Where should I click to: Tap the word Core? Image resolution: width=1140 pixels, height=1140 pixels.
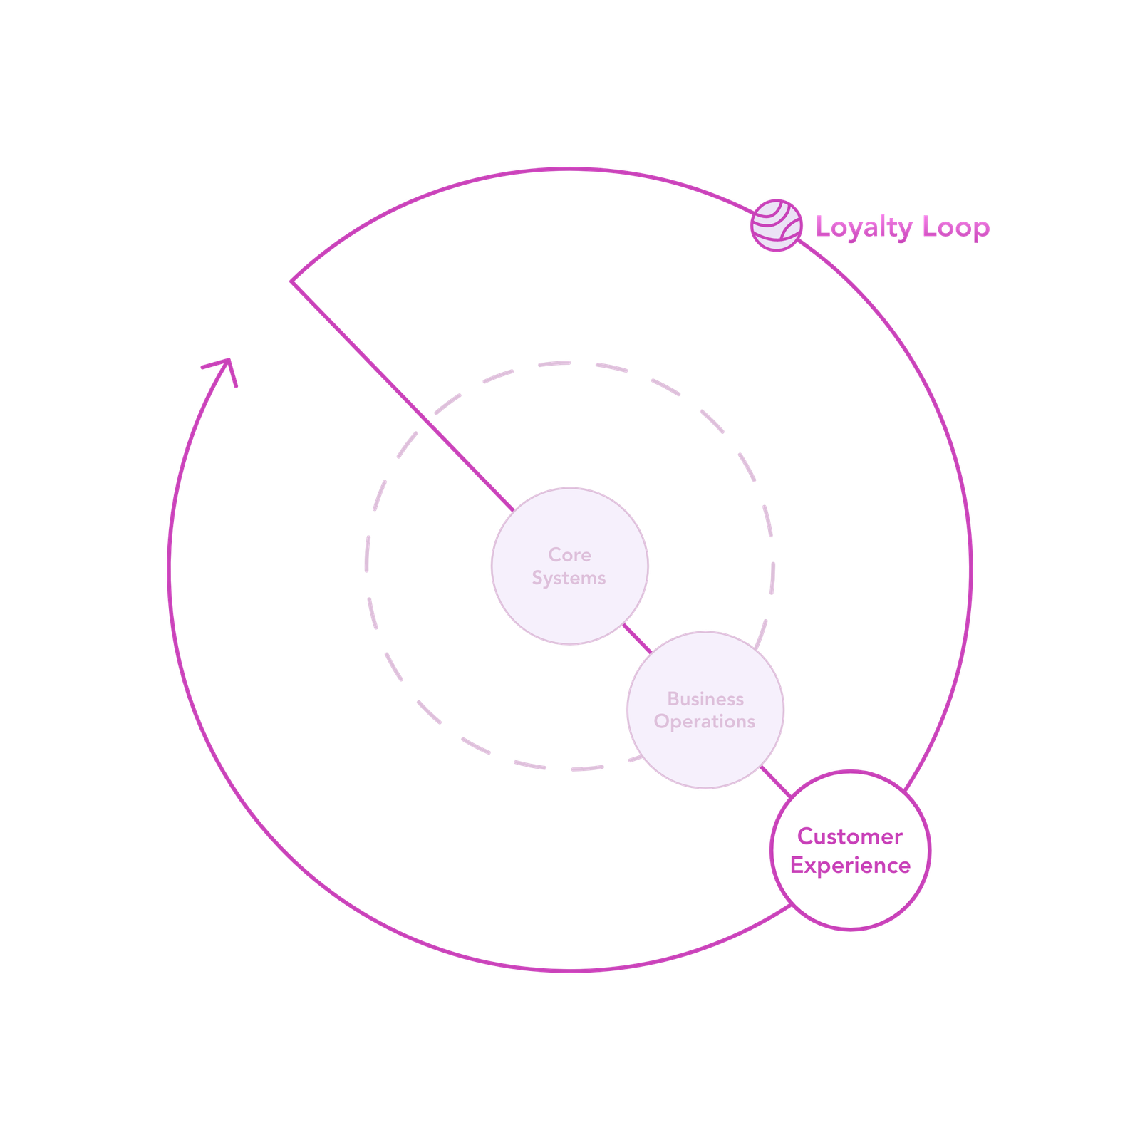[569, 554]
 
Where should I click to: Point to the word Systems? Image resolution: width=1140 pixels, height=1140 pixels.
[569, 578]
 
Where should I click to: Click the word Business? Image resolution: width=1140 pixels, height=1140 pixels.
[705, 699]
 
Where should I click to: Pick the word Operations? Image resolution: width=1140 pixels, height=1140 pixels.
[705, 722]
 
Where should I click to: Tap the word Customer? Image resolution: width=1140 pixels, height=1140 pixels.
[850, 836]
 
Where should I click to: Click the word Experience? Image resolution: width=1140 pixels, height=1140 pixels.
[850, 866]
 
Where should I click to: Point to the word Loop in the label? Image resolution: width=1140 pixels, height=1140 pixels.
[955, 228]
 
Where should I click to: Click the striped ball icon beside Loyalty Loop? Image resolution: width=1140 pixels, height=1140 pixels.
[776, 225]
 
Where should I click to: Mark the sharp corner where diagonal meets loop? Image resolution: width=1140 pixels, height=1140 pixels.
[291, 281]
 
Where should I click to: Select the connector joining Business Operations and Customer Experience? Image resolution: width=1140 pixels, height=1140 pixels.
[775, 782]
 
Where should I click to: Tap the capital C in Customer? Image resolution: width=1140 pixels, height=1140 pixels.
[806, 836]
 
